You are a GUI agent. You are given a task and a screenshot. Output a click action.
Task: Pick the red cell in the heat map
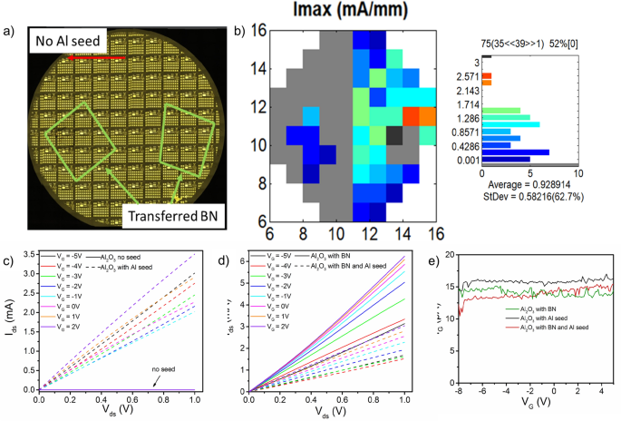coord(410,116)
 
